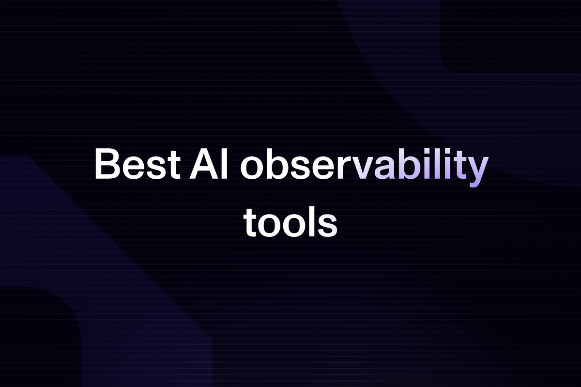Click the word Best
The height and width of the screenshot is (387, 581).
click(x=138, y=164)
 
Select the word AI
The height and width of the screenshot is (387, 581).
click(x=209, y=164)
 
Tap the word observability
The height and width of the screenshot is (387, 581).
click(x=364, y=167)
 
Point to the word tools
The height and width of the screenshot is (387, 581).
click(x=290, y=221)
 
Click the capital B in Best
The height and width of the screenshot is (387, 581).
click(x=107, y=164)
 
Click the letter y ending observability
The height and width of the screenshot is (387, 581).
click(x=477, y=171)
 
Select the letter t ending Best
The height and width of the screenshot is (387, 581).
click(x=174, y=166)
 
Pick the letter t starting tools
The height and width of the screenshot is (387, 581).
click(x=250, y=223)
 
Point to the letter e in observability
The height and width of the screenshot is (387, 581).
click(x=324, y=168)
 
